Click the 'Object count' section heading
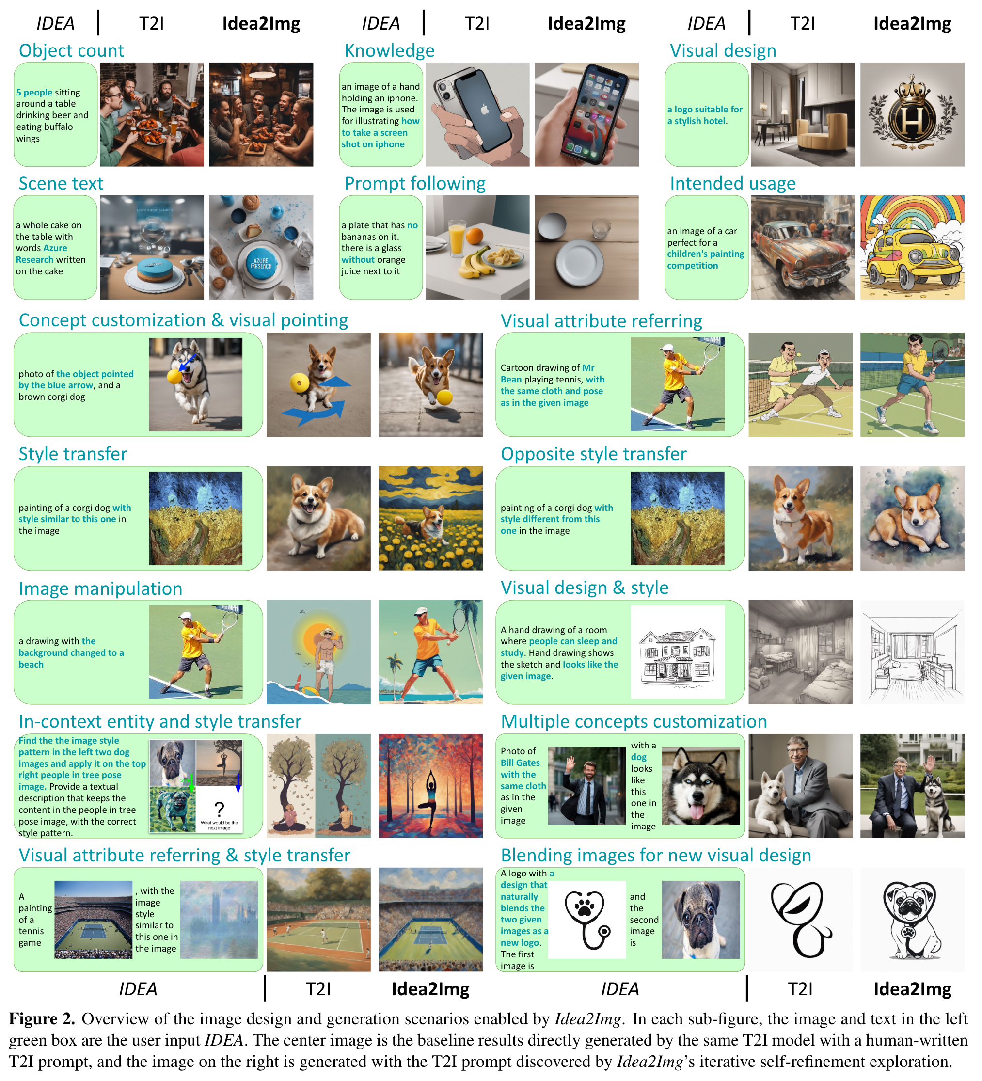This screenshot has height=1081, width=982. [x=71, y=50]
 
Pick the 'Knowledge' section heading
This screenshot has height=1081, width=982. [x=389, y=50]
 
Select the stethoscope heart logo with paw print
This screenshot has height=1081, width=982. [x=587, y=919]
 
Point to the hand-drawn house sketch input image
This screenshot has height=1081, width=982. [x=678, y=652]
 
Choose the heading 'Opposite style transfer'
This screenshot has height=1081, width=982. [x=593, y=454]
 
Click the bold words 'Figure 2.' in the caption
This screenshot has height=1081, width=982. [x=42, y=1019]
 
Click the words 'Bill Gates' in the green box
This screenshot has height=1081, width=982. [x=520, y=763]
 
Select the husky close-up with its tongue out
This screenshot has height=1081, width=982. [x=700, y=786]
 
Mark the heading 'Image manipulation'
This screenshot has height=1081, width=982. [x=100, y=588]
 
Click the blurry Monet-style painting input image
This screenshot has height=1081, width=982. [x=219, y=920]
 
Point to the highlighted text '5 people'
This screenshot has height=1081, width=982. [x=34, y=92]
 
